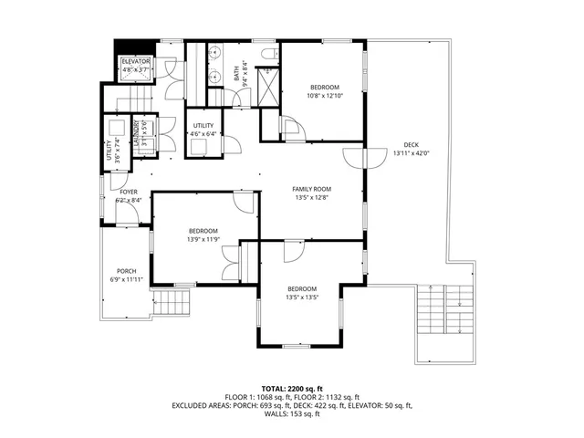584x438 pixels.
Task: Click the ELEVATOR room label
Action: pos(136,61)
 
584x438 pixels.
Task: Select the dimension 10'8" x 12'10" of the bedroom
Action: pos(325,95)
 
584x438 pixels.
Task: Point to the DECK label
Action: pos(412,145)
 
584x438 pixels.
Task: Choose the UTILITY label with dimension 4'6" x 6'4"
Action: pos(203,126)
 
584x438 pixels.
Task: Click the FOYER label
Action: pos(129,192)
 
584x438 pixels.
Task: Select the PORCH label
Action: pos(125,271)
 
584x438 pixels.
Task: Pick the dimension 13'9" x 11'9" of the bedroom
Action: pos(203,240)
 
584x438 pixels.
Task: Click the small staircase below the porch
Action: pos(172,302)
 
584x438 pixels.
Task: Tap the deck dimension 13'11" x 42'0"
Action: pos(412,153)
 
